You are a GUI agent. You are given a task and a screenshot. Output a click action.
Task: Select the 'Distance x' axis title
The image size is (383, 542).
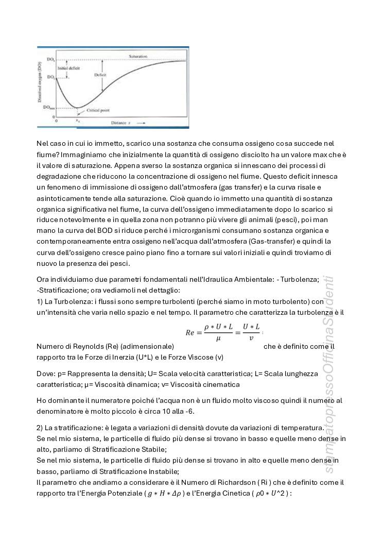pyautogui.click(x=126, y=123)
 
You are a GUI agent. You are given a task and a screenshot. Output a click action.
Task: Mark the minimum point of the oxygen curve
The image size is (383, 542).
pyautogui.click(x=78, y=108)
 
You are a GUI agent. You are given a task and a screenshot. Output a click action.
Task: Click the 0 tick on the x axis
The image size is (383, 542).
pyautogui.click(x=56, y=120)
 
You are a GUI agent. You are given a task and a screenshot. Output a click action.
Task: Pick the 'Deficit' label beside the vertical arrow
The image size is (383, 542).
pyautogui.click(x=100, y=75)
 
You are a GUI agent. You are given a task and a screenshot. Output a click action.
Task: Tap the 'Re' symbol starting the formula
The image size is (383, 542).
pyautogui.click(x=191, y=333)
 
